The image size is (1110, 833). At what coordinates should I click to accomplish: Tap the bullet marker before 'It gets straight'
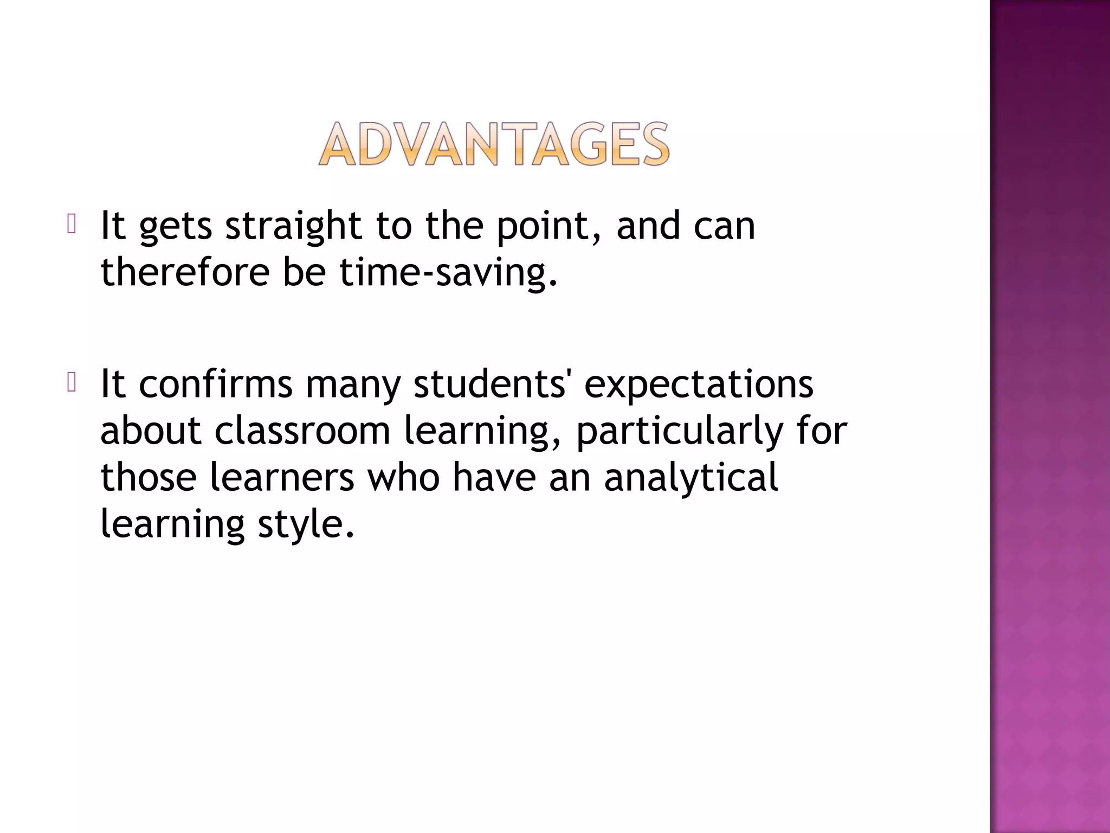click(72, 225)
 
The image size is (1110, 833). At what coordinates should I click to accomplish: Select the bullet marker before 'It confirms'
click(72, 383)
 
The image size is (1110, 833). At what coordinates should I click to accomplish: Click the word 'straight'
click(293, 227)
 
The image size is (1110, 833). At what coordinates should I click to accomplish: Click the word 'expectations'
click(699, 385)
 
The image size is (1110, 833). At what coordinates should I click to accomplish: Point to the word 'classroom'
click(302, 431)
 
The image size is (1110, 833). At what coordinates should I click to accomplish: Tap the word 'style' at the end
click(306, 525)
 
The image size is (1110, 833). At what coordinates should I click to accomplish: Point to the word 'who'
click(404, 477)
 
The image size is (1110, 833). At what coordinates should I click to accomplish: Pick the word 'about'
click(151, 431)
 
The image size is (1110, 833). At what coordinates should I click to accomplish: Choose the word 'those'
click(149, 477)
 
